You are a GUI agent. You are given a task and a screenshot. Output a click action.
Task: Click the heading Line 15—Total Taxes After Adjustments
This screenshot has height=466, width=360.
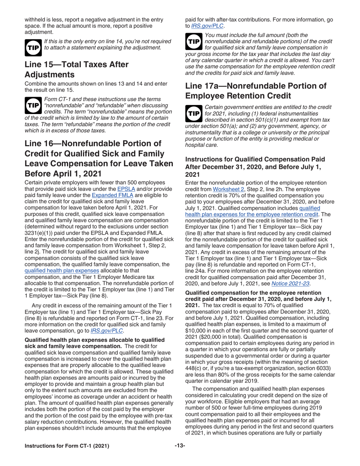76,70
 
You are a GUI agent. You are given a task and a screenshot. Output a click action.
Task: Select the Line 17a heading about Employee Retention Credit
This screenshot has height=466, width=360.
256,91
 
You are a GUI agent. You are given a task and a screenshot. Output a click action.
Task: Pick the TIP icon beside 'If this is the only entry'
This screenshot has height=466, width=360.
33,45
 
